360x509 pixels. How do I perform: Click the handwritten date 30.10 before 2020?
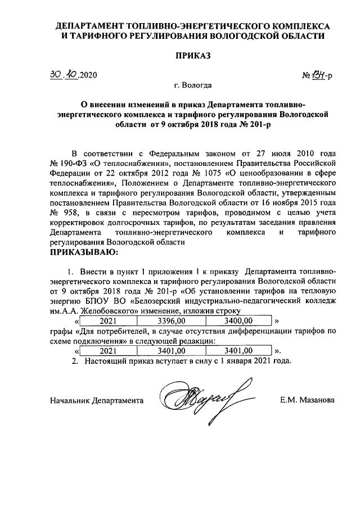pyautogui.click(x=63, y=75)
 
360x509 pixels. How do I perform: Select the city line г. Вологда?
pyautogui.click(x=193, y=86)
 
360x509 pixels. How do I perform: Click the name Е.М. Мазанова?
pyautogui.click(x=307, y=400)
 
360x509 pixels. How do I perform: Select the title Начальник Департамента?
pyautogui.click(x=96, y=400)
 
